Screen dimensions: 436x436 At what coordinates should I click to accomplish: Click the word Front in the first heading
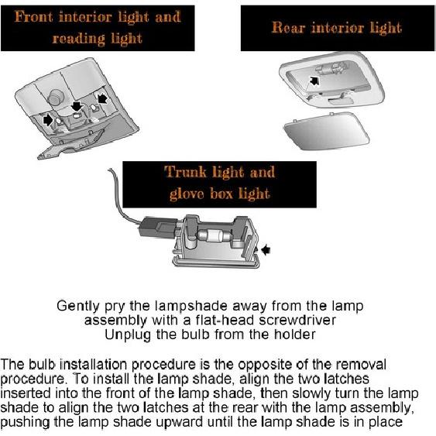[x=39, y=17]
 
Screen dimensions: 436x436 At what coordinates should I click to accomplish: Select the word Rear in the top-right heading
[x=289, y=28]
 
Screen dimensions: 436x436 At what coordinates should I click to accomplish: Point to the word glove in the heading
[x=191, y=193]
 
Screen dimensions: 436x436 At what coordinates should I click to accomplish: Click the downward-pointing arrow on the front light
[x=76, y=106]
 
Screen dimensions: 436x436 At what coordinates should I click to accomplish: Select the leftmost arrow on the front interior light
[x=48, y=120]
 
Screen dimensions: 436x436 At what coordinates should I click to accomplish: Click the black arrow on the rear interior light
[x=314, y=80]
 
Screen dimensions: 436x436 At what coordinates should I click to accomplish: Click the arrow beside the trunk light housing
[x=268, y=249]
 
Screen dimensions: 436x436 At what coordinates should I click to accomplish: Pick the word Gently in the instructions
[x=77, y=306]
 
